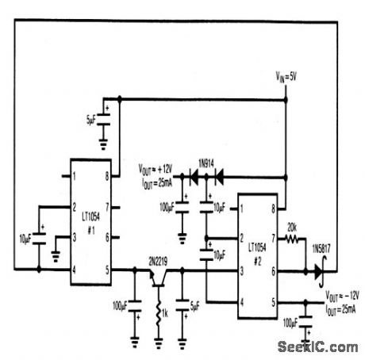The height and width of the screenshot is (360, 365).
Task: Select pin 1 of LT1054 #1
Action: click(74, 173)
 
